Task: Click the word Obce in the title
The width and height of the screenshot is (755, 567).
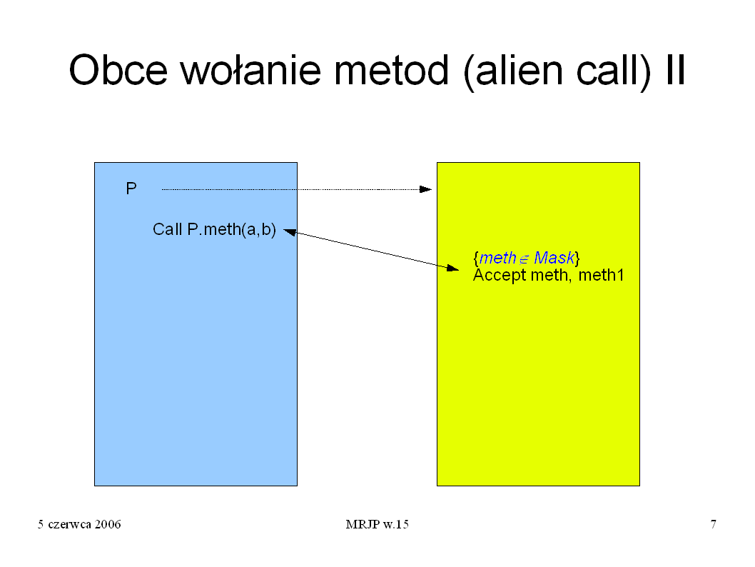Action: pos(118,70)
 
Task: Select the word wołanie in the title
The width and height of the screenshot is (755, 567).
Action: pos(250,69)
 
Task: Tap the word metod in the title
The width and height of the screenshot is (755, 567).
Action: pos(392,69)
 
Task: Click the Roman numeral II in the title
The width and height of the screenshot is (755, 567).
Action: pos(676,69)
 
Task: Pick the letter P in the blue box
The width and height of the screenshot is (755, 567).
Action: pos(131,189)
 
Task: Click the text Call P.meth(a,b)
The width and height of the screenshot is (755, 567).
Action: pos(214,229)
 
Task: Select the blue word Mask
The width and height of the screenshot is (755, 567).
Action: pos(554,258)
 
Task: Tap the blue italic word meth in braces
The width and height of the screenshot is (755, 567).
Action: pos(498,258)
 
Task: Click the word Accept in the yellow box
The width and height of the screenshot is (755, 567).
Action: pos(500,276)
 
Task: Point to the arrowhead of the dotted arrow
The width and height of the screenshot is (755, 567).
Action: pos(425,189)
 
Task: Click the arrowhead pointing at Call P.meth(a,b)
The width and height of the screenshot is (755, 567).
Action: pos(290,232)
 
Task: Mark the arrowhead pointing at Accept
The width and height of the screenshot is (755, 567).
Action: pos(452,268)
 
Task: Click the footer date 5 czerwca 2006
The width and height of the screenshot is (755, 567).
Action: pos(79,524)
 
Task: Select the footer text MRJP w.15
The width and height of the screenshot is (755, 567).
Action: pos(377,524)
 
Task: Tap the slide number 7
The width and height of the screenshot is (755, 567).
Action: pos(713,524)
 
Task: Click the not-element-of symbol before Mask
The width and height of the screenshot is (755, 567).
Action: pos(524,260)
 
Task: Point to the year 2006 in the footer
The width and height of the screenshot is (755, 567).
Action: pos(108,524)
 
